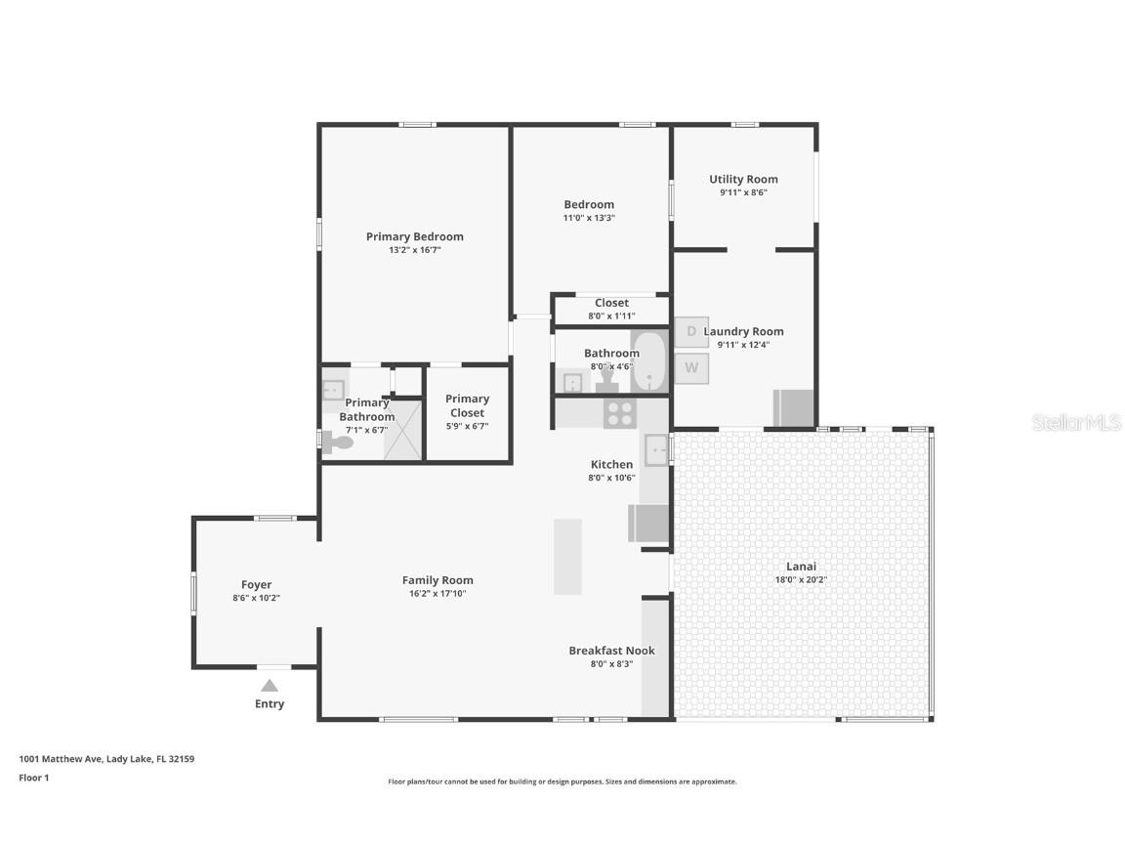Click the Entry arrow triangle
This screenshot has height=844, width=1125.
tap(270, 686)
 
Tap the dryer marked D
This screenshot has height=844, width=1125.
tap(691, 332)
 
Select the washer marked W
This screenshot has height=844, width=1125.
tap(691, 368)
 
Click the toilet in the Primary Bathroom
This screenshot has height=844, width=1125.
tap(338, 443)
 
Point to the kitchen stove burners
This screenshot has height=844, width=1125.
tap(620, 414)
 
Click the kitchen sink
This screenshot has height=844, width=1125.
tap(657, 449)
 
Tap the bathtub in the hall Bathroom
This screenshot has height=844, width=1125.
tap(648, 362)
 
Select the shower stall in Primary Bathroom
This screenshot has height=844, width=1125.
tap(401, 430)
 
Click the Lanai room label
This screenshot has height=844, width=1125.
tap(801, 567)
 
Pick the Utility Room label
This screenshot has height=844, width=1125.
tap(743, 180)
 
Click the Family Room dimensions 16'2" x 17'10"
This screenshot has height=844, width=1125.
tap(437, 593)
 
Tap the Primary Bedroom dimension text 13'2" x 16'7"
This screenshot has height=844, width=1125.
tap(415, 250)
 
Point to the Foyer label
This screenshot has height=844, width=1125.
tap(257, 585)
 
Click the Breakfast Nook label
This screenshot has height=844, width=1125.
tap(611, 651)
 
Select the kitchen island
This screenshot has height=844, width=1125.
tap(567, 556)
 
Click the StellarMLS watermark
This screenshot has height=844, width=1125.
tap(1076, 423)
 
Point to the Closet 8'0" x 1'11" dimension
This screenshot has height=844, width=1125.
tap(611, 316)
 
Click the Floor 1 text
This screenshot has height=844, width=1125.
tap(33, 779)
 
